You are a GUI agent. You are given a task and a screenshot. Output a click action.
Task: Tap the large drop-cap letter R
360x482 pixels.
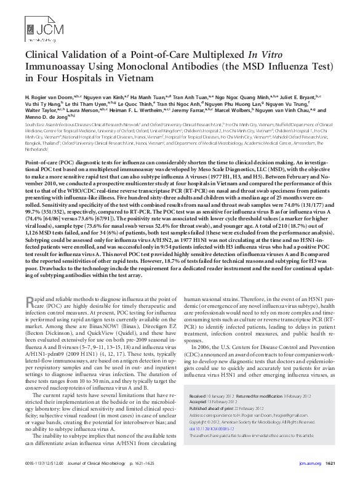coord(30,302)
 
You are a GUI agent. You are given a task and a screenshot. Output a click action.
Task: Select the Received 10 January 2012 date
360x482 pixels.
coord(211,395)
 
